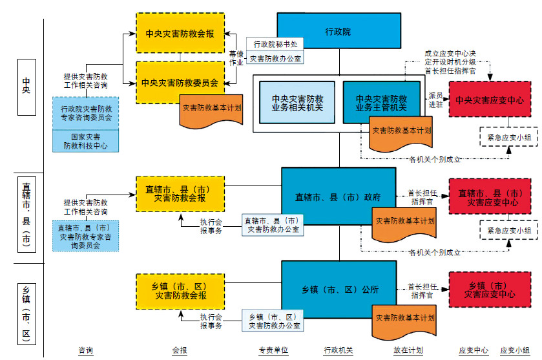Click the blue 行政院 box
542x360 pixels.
(x=337, y=30)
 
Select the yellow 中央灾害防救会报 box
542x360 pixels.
(x=180, y=34)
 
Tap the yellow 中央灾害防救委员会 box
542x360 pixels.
(x=180, y=82)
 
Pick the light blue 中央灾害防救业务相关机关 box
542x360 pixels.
(x=297, y=103)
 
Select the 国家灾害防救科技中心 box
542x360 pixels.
(x=85, y=141)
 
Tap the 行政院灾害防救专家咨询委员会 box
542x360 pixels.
(x=86, y=113)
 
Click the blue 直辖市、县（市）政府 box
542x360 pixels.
(x=337, y=196)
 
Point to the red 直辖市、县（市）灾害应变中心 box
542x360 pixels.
(x=490, y=197)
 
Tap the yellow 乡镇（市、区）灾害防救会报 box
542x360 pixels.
(x=180, y=290)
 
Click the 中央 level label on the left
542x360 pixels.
(x=26, y=87)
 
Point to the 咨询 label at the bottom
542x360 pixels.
(x=86, y=350)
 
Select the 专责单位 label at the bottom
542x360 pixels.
(x=271, y=350)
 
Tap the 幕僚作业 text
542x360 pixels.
(x=236, y=58)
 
